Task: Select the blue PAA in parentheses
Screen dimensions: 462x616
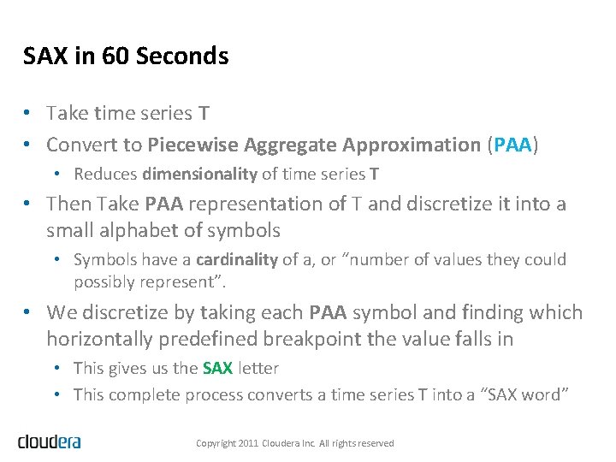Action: pos(512,145)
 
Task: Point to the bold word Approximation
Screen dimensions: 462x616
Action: pos(420,145)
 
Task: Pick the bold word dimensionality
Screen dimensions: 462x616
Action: pos(199,174)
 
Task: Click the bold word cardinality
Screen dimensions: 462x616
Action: pos(237,259)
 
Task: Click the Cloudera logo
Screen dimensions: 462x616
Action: pos(49,441)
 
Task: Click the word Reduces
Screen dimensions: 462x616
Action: pos(106,174)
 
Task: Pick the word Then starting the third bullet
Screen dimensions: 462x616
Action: pos(68,204)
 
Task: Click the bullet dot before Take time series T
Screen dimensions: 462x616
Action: pos(28,114)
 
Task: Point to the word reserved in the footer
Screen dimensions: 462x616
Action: pos(376,443)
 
